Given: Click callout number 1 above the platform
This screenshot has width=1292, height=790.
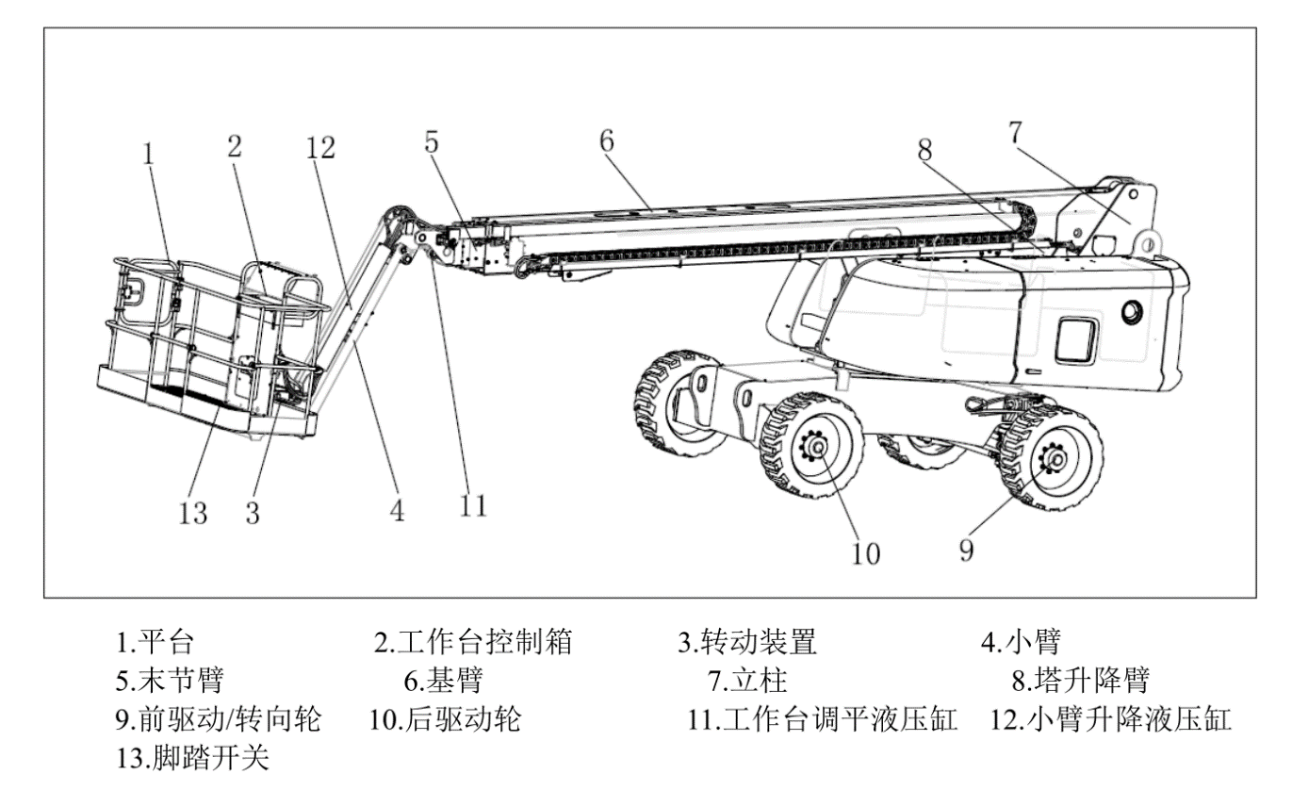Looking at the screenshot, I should point(148,154).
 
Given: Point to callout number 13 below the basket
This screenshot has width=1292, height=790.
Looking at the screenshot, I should point(194,513).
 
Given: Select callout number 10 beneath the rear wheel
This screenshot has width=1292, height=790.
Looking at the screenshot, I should point(864,552).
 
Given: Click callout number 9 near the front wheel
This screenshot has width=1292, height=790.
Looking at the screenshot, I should point(966,549).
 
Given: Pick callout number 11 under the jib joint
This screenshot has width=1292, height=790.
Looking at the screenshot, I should point(474,505).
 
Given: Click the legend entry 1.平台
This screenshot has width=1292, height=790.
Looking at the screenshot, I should point(155,643).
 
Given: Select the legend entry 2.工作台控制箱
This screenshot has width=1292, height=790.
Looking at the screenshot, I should point(473,643).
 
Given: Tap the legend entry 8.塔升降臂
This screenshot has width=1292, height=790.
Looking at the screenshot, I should point(1081,679).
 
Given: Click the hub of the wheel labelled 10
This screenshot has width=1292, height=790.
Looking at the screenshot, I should point(816,445).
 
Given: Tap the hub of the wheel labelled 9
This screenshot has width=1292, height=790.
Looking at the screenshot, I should point(1053,459).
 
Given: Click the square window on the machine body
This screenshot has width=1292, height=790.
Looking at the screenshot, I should point(1076,339).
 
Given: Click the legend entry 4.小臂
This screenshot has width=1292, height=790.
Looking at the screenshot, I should point(1021,643).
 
